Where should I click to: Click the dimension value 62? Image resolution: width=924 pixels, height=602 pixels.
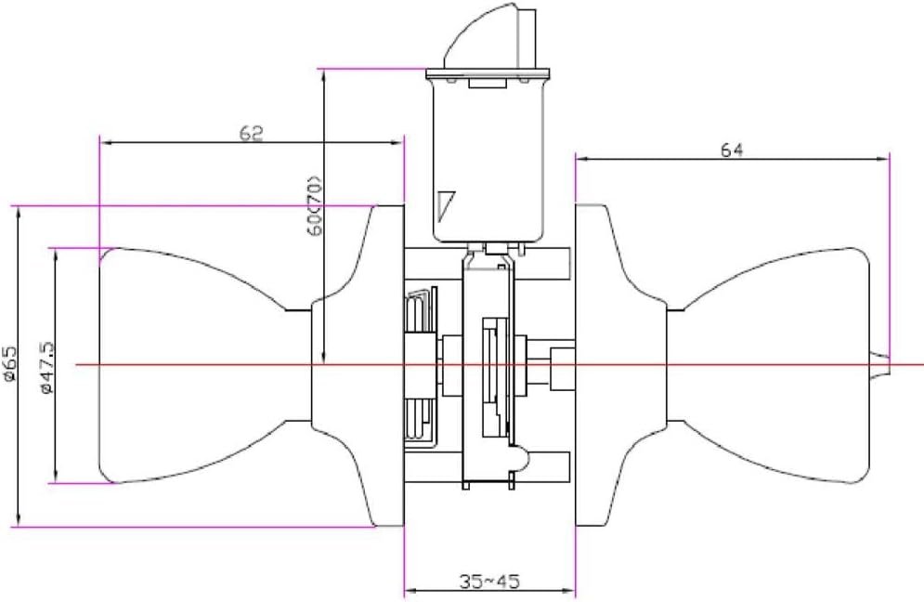[251, 133]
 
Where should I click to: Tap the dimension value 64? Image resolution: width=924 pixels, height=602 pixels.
[732, 150]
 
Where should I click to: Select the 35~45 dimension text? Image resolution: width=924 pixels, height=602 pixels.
[489, 582]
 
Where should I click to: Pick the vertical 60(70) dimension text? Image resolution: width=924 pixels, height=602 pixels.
[315, 205]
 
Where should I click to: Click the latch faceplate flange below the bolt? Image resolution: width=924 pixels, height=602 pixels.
[488, 74]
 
